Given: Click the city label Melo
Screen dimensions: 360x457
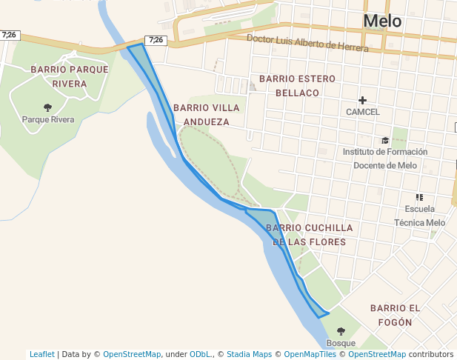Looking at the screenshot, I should coord(382,21).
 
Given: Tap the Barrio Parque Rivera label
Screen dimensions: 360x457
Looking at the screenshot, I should coord(70,76).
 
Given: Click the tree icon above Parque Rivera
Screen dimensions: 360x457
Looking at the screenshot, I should coord(48,107).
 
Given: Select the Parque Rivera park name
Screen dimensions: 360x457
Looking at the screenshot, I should coord(48,119).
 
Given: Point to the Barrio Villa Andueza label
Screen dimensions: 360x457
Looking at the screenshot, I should coord(206,114).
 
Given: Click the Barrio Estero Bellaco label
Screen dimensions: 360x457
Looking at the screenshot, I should coord(297,85).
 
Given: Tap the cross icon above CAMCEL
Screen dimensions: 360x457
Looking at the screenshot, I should coord(362,100).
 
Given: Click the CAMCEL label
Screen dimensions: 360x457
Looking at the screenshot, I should coord(362,112).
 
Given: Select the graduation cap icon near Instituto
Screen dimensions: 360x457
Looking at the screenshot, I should coord(384,140).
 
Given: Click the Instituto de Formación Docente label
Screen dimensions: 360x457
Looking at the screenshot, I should coord(380,159).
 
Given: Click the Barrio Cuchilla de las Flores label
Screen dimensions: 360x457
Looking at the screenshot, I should coord(309,235).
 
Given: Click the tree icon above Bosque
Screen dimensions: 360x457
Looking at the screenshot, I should coord(341,331).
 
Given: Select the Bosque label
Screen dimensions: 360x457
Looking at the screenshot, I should coord(341,343).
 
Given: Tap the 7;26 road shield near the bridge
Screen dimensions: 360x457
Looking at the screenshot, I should coord(156,40).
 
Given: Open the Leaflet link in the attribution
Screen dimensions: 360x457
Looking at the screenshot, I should coord(42,354).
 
